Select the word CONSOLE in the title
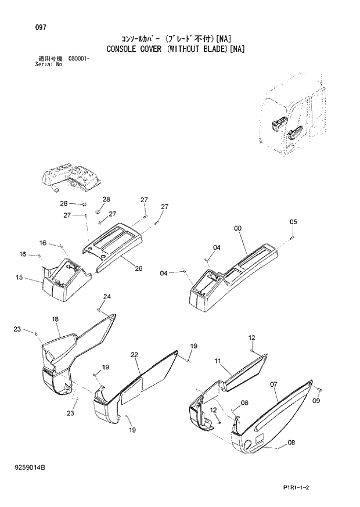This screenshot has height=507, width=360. click(x=125, y=49)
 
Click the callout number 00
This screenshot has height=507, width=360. click(x=237, y=229)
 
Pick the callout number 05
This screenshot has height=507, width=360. click(x=293, y=222)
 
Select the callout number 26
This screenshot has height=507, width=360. click(x=139, y=268)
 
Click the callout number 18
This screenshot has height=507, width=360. click(x=55, y=319)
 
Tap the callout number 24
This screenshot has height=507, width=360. click(x=107, y=297)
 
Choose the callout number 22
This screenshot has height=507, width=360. click(x=134, y=355)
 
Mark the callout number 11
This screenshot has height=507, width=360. click(x=218, y=361)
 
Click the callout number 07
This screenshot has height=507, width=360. click(x=273, y=384)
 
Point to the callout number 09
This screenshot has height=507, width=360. click(x=316, y=401)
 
